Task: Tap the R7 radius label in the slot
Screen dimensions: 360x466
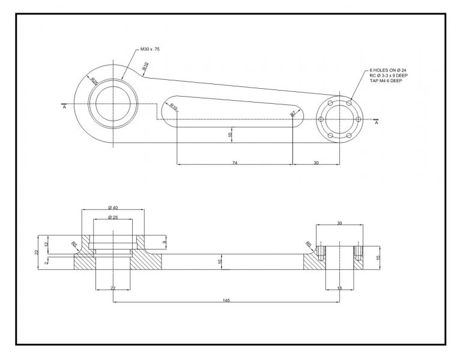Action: coord(293,113)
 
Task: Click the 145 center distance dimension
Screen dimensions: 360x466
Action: coord(225,299)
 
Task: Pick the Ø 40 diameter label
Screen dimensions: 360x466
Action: coord(113,207)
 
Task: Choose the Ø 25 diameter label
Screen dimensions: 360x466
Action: coord(112,217)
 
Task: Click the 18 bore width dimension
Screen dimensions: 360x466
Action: coord(340,289)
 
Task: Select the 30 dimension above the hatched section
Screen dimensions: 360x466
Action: coord(339,223)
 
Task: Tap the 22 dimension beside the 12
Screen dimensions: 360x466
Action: coord(37,252)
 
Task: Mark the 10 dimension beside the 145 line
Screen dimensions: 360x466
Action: coord(220,262)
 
